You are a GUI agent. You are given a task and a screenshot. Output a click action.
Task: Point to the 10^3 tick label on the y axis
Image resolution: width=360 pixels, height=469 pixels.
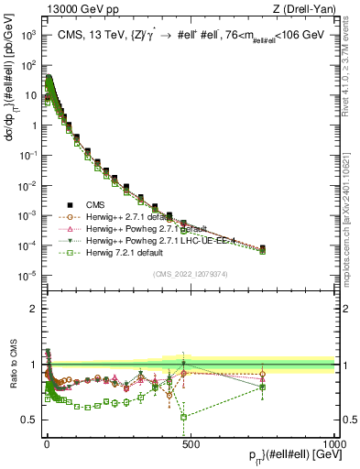(28, 35)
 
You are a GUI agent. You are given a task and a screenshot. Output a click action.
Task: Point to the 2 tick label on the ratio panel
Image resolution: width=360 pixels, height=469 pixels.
(32, 309)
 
